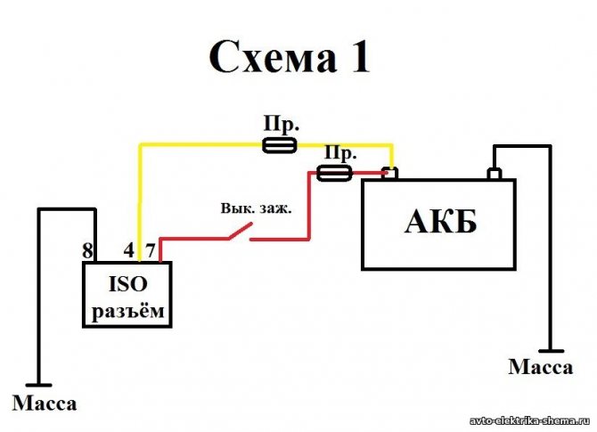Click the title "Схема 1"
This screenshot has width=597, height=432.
coord(288,58)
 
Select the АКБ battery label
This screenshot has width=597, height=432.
coord(440,223)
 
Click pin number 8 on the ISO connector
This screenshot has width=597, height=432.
coord(87,251)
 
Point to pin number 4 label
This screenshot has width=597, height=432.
coord(129,251)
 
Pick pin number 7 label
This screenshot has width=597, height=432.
coord(151,251)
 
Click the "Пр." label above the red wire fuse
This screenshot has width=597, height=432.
coord(338,152)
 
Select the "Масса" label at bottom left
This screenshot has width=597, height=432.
coord(45,403)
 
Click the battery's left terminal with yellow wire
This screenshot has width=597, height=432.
coord(388,173)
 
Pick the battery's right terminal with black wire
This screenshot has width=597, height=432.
coord(492,173)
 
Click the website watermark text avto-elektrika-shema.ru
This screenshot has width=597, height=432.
coord(531,420)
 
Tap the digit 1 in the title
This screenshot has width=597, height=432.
coord(354,58)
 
